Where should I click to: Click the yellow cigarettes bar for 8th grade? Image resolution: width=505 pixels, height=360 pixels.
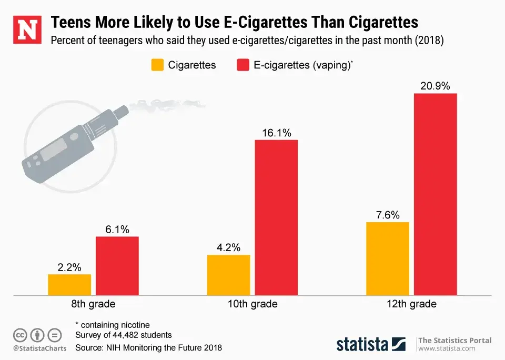pyautogui.click(x=69, y=285)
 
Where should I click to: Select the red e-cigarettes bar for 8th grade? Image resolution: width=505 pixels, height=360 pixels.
pyautogui.click(x=117, y=266)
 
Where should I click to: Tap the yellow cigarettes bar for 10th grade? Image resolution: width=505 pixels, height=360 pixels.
pyautogui.click(x=228, y=275)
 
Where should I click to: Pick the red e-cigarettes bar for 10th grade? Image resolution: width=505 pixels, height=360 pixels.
pyautogui.click(x=276, y=217)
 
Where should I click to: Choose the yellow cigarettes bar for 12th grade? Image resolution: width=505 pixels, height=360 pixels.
pyautogui.click(x=388, y=258)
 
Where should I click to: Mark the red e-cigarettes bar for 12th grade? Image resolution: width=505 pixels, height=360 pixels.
pyautogui.click(x=435, y=194)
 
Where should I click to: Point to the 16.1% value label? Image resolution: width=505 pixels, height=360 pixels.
pyautogui.click(x=276, y=133)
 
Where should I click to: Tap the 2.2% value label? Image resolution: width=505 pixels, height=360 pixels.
pyautogui.click(x=69, y=267)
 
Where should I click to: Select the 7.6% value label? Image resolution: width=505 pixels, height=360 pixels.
pyautogui.click(x=388, y=215)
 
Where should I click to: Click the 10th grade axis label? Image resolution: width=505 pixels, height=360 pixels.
pyautogui.click(x=252, y=304)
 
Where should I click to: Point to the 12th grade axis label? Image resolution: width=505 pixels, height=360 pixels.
pyautogui.click(x=411, y=304)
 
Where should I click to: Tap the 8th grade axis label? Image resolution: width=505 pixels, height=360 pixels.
pyautogui.click(x=94, y=304)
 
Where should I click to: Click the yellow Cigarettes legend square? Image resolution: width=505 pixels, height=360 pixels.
pyautogui.click(x=158, y=65)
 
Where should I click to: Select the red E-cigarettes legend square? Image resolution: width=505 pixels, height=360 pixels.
pyautogui.click(x=243, y=65)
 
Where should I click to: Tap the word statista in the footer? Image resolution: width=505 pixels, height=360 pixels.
pyautogui.click(x=362, y=345)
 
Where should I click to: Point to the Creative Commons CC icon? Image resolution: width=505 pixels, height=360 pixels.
pyautogui.click(x=20, y=335)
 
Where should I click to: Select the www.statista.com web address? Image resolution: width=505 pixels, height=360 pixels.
pyautogui.click(x=447, y=348)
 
